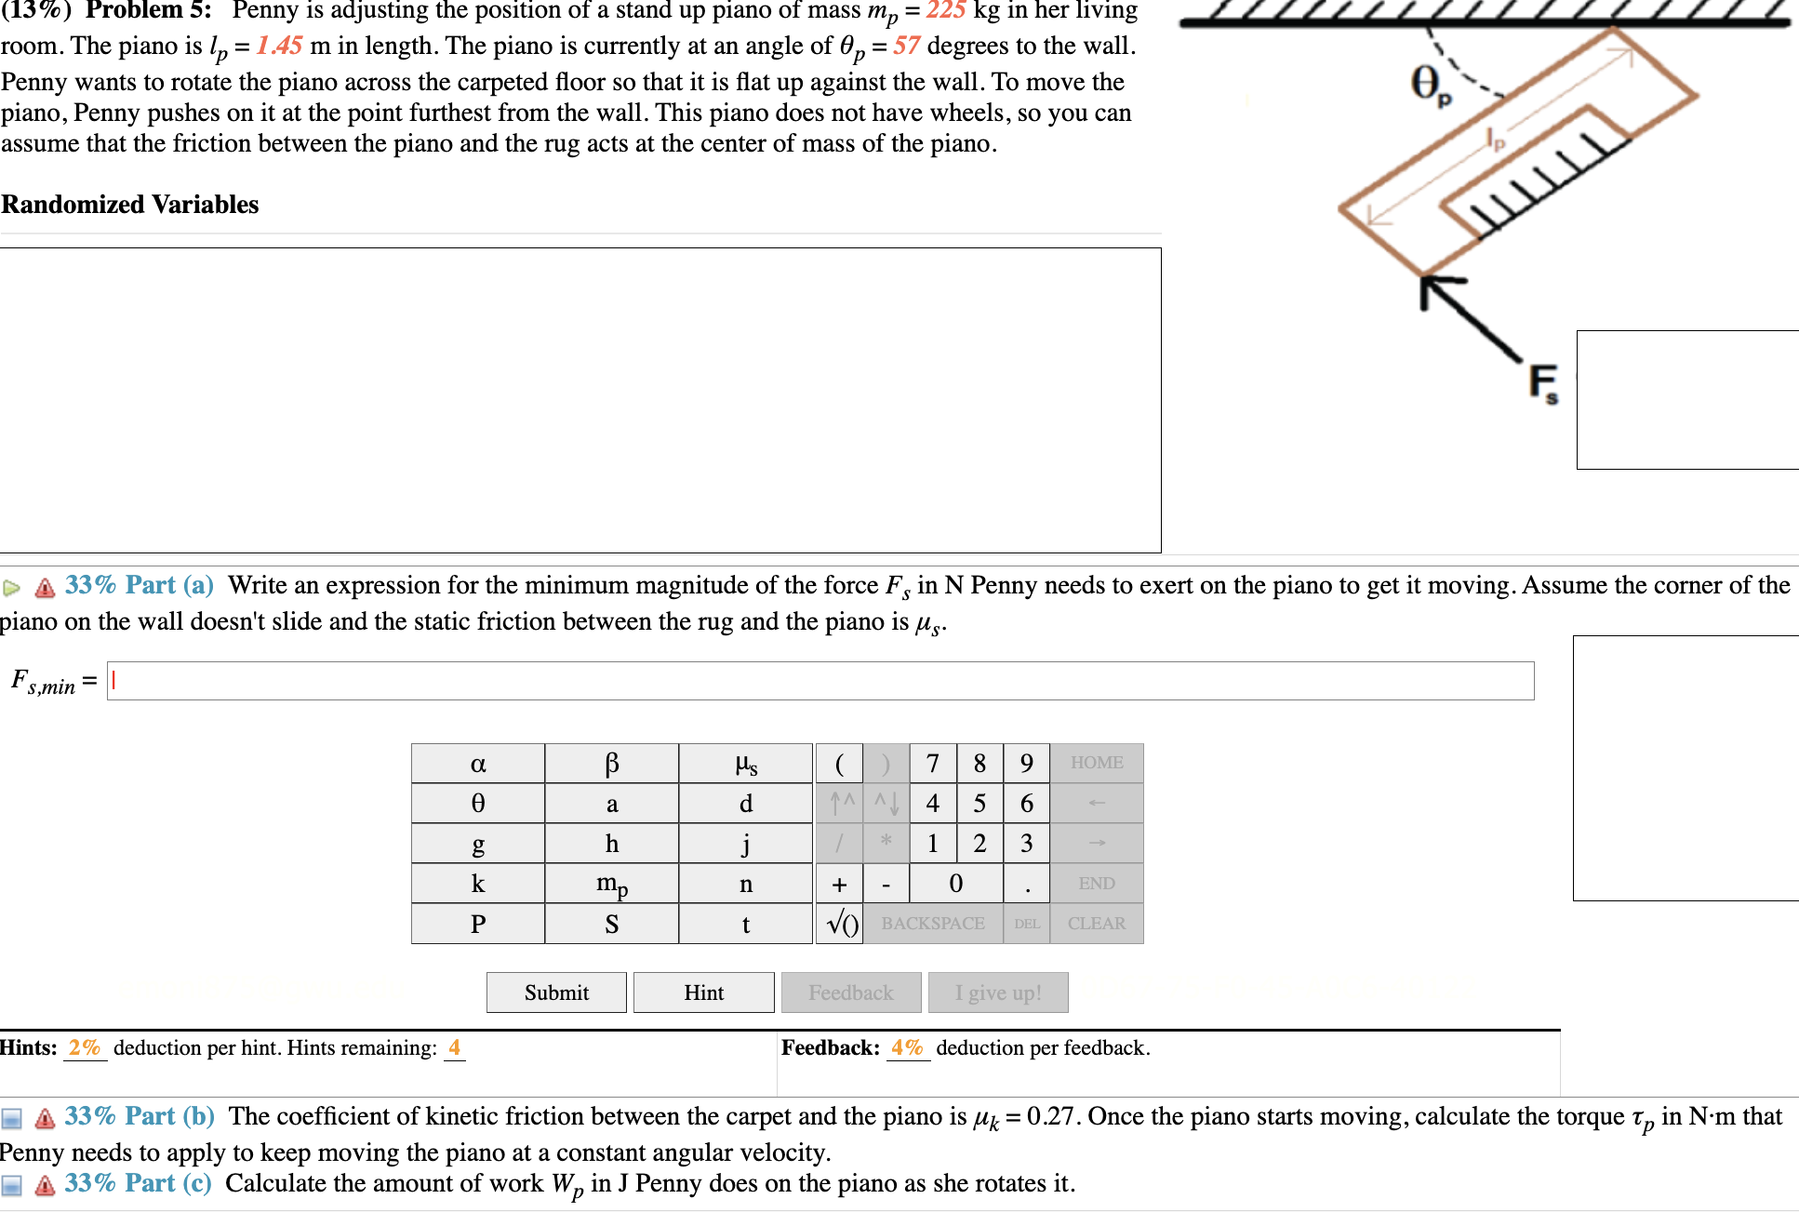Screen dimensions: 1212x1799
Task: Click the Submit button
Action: (x=556, y=992)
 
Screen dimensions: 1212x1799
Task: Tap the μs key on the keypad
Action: (x=745, y=764)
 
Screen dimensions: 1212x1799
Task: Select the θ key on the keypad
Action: (x=478, y=804)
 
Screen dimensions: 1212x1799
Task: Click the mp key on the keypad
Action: (x=611, y=884)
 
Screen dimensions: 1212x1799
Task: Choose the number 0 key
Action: (x=955, y=884)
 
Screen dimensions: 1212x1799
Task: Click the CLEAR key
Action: (x=1096, y=924)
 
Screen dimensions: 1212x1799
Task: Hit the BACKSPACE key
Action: (x=932, y=924)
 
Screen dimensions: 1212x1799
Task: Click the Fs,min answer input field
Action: (x=819, y=681)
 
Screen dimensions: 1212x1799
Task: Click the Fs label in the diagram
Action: (x=1543, y=383)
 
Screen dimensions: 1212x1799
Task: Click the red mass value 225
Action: (x=945, y=11)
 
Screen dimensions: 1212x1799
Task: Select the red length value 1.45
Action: (x=279, y=46)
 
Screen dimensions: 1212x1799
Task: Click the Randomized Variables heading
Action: (x=130, y=205)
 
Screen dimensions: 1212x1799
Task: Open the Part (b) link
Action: (x=170, y=1116)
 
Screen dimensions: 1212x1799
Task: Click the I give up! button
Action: (x=997, y=992)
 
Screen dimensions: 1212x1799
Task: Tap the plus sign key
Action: (x=839, y=884)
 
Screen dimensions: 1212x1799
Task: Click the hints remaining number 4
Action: (x=454, y=1048)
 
